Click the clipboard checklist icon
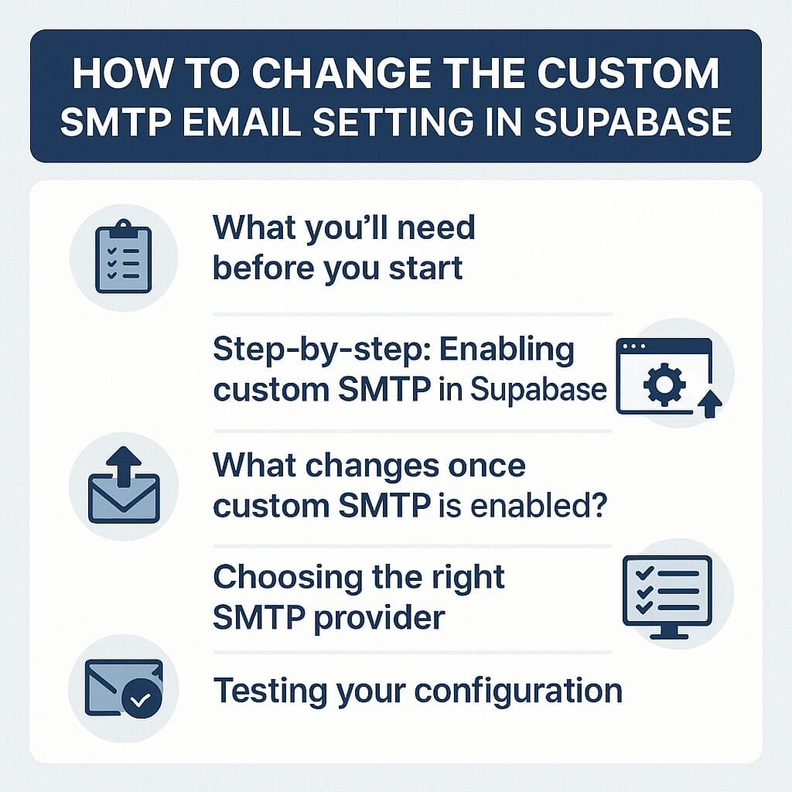[x=123, y=258]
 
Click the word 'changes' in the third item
[x=367, y=466]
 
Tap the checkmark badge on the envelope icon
[x=142, y=699]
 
